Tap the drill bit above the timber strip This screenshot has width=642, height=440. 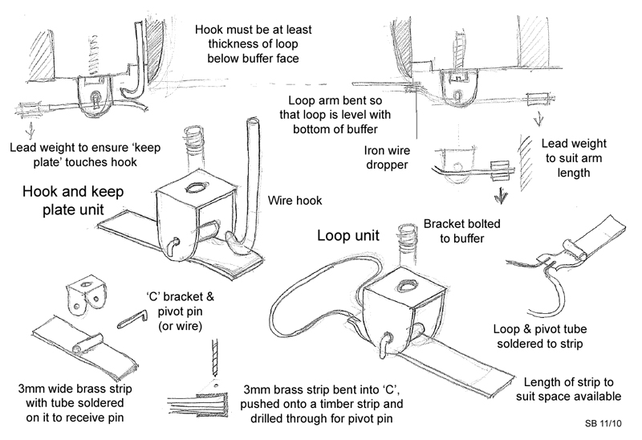pyautogui.click(x=214, y=358)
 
